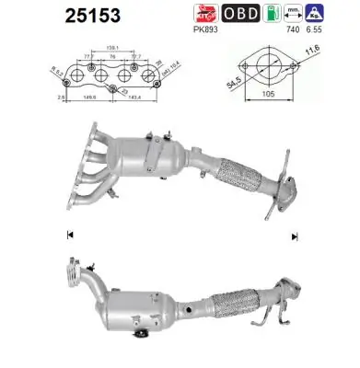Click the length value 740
click(320, 29)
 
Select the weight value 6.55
click(343, 29)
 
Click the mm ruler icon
click(319, 14)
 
